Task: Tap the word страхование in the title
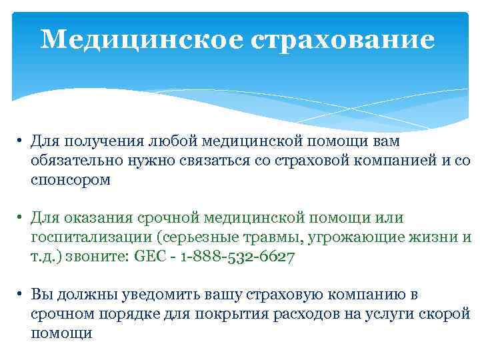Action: (343, 39)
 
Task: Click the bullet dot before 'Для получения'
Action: (21, 141)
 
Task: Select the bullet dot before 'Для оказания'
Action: (21, 218)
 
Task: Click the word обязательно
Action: (73, 160)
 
